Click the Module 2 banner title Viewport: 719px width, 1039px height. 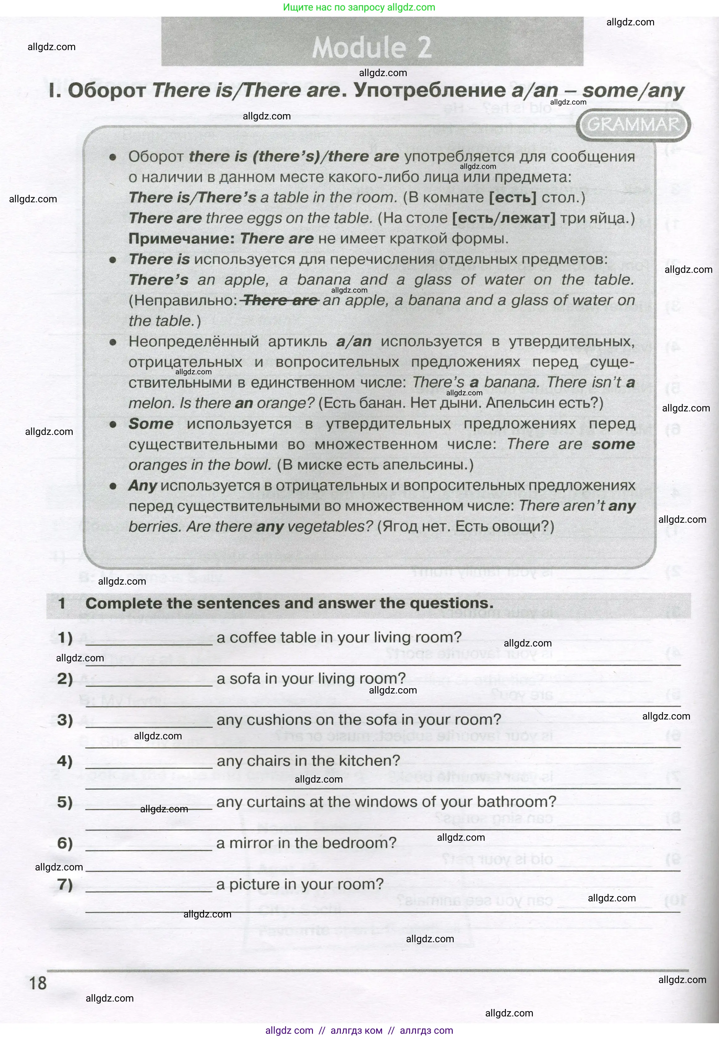[372, 47]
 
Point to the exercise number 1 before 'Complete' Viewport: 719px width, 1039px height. [62, 603]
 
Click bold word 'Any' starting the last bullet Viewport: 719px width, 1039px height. [142, 486]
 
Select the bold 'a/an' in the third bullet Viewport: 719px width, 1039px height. [354, 341]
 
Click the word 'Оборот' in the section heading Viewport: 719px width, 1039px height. [107, 91]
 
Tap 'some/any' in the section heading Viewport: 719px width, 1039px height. [633, 91]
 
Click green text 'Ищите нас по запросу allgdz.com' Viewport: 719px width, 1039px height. [359, 7]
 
